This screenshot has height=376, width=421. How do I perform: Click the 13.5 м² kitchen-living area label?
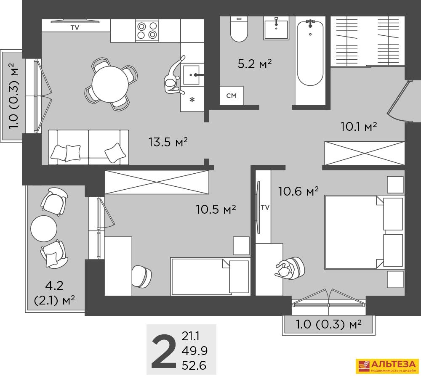click(x=168, y=142)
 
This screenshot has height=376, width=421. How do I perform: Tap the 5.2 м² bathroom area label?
click(x=255, y=64)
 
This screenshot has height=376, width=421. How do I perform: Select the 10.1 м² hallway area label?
click(x=359, y=126)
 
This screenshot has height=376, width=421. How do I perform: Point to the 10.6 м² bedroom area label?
click(x=298, y=191)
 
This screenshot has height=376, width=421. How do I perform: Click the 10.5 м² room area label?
click(x=216, y=209)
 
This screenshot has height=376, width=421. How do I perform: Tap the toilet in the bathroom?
click(x=239, y=29)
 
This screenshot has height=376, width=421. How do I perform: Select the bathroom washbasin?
click(x=276, y=28)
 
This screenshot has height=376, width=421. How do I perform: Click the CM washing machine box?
click(x=232, y=95)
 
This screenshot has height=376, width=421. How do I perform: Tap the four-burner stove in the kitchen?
click(x=147, y=30)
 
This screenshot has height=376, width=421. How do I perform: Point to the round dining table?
click(x=110, y=84)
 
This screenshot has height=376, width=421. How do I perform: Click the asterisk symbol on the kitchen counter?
click(x=192, y=100)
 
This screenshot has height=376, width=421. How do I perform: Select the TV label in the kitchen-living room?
click(x=75, y=28)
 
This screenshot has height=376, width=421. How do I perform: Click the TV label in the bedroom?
click(x=265, y=207)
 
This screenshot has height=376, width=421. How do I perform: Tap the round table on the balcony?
click(x=44, y=228)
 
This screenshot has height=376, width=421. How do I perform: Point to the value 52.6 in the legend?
click(x=194, y=365)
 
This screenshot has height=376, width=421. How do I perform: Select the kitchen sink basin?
click(x=191, y=75)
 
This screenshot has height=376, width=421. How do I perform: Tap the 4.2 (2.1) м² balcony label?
click(x=54, y=293)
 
